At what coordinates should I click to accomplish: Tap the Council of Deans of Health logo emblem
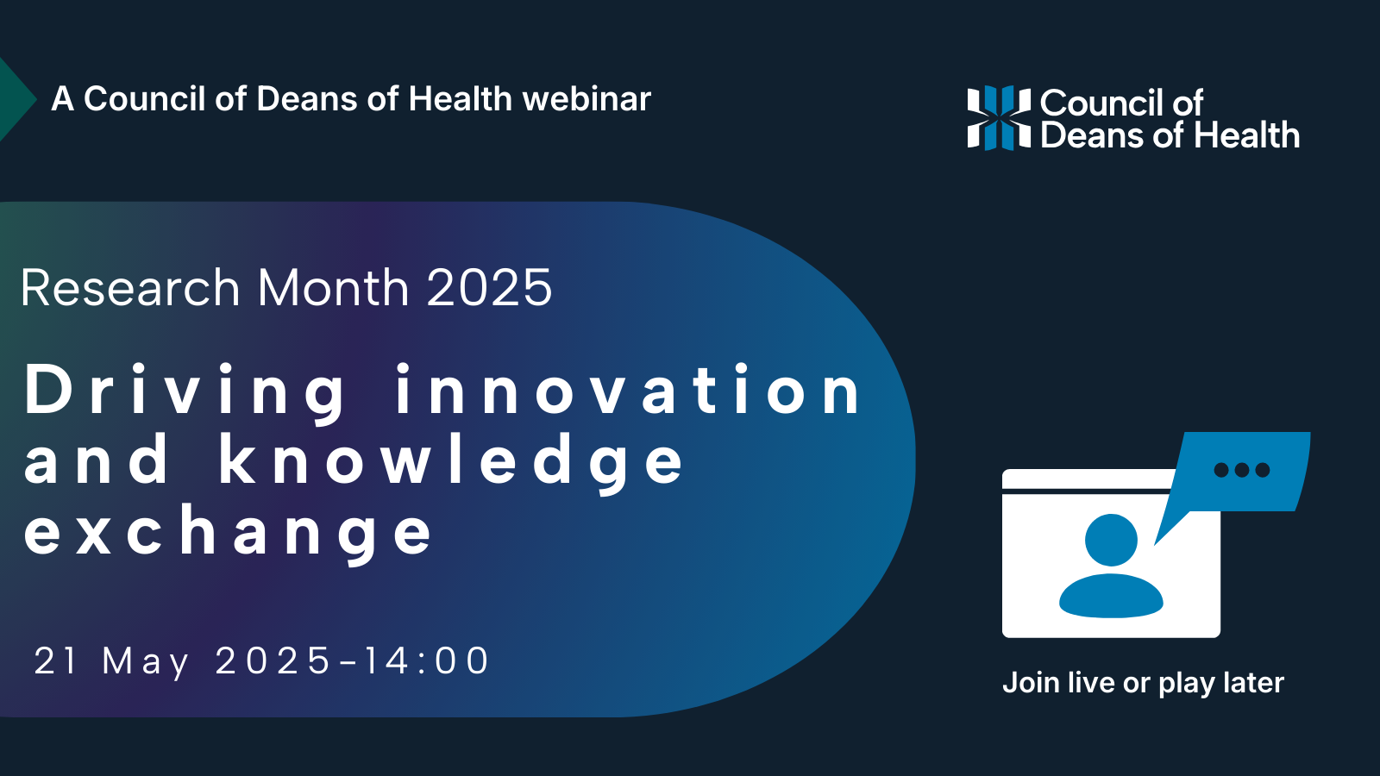pos(999,117)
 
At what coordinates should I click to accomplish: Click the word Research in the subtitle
pos(130,287)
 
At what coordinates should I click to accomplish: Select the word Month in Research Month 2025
pos(333,287)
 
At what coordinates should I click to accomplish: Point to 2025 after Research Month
pos(489,287)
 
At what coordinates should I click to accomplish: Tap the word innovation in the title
pos(629,389)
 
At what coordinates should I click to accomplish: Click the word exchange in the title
pos(228,534)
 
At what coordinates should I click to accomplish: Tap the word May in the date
pos(146,663)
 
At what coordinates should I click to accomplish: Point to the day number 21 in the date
pos(55,660)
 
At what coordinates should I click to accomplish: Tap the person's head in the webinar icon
pos(1111,540)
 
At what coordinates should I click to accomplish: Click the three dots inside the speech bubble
pos(1241,470)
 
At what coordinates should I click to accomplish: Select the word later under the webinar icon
pos(1254,682)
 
